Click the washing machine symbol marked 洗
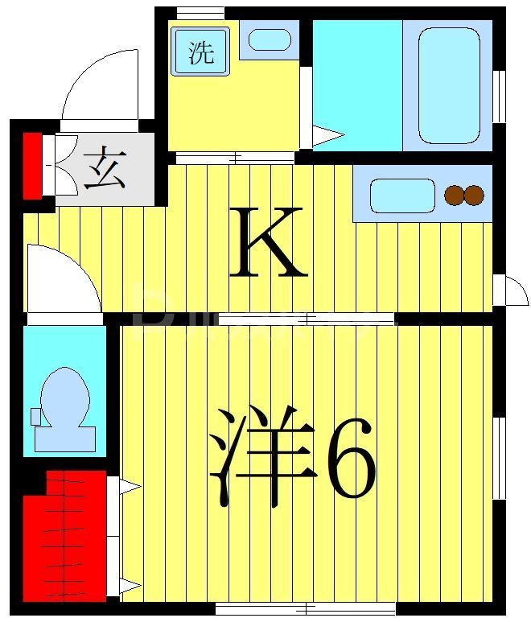click(200, 51)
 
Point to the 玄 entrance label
click(105, 168)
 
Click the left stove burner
click(455, 195)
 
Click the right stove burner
click(475, 195)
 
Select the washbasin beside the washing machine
click(269, 39)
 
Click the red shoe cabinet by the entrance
click(32, 165)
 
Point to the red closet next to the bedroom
click(64, 535)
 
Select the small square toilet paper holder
click(35, 416)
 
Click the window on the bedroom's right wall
click(499, 459)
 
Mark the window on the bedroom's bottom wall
click(306, 608)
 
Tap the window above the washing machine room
click(200, 13)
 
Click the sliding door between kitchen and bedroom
click(306, 319)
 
